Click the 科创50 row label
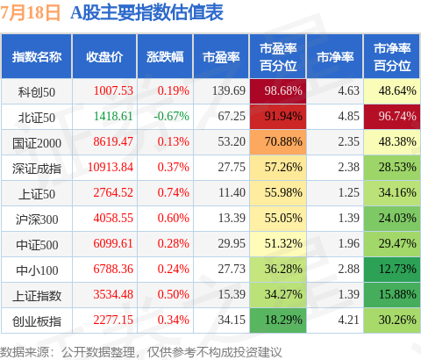pos(37,92)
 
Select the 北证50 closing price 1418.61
pos(113,116)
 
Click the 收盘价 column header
pos(104,57)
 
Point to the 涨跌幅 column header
pos(165,57)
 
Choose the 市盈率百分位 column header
pos(278,57)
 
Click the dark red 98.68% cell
pos(278,91)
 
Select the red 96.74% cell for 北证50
pos(392,117)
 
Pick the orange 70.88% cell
pos(278,142)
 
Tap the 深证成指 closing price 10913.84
pos(111,167)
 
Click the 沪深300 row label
pos(37,220)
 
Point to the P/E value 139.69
pos(229,90)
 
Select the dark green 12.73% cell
pos(392,270)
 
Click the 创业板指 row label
pos(37,321)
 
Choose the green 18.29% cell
pos(278,320)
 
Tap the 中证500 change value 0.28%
pos(173,243)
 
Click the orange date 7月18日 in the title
pos(30,12)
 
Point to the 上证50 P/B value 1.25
pos(348,192)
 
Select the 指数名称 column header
pos(37,57)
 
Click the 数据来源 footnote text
pos(141,352)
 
